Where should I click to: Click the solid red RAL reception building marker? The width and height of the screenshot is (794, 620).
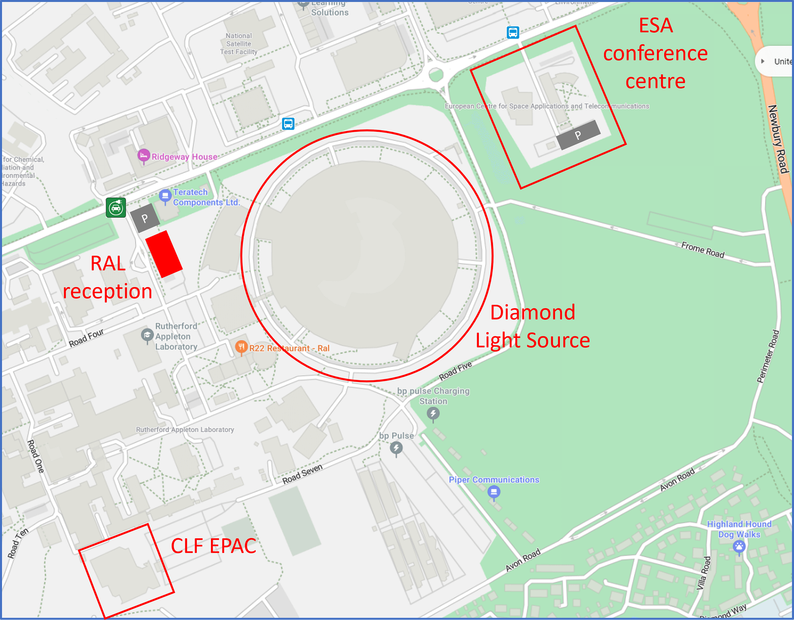164,254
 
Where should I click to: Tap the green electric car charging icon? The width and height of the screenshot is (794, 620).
116,208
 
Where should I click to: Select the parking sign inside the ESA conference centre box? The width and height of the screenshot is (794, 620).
578,135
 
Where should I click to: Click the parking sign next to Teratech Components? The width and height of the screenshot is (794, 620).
145,218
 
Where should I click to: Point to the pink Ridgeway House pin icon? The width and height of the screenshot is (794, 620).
143,156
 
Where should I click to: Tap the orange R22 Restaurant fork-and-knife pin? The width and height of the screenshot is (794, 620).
241,347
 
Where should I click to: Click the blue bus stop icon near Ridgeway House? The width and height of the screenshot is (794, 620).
288,124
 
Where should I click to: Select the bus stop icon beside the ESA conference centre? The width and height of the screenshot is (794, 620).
513,32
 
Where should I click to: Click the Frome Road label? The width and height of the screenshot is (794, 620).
703,250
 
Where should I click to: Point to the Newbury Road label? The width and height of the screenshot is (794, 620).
778,139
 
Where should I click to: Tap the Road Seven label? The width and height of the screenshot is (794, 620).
302,474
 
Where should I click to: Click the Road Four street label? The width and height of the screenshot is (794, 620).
86,338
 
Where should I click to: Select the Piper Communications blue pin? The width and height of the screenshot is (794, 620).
494,492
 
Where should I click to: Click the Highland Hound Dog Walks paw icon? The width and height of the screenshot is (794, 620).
739,546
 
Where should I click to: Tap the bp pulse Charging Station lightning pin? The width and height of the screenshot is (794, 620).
433,413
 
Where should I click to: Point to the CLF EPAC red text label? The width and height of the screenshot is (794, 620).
213,546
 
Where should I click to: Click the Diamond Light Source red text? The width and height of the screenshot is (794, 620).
533,326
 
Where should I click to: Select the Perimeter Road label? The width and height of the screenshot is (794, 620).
768,356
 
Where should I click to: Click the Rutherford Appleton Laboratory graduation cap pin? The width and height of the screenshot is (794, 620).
147,335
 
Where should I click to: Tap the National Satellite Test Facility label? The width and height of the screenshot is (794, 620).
239,44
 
